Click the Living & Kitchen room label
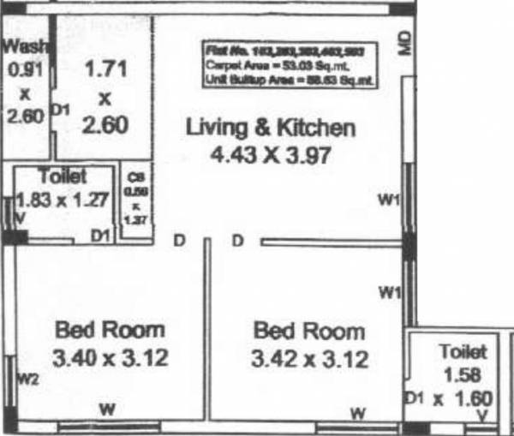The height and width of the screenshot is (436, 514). tap(270, 128)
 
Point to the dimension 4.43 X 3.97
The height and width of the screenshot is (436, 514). tap(270, 156)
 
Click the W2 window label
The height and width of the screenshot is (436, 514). tap(27, 377)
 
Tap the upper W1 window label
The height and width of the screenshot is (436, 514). tap(390, 200)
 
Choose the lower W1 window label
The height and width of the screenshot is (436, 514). tap(390, 293)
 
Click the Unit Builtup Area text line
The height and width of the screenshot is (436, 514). tap(290, 79)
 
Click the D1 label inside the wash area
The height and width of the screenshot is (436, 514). tap(60, 110)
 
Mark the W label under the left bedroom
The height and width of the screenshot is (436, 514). tap(107, 408)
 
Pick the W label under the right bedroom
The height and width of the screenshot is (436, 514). tap(358, 415)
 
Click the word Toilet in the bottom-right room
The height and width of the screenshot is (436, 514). tap(463, 350)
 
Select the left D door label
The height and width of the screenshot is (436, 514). tap(180, 241)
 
